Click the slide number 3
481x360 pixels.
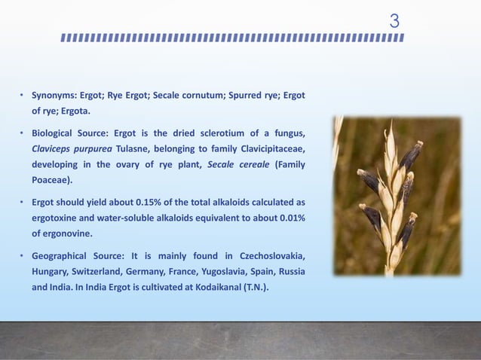394,21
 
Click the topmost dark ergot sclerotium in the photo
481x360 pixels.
411,154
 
